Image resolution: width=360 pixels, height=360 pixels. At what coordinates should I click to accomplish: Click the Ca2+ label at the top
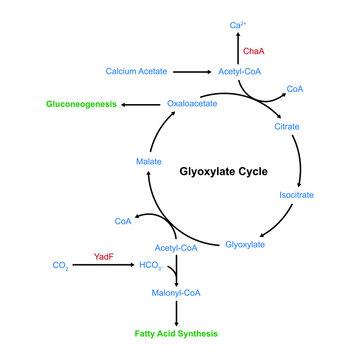pos(237,23)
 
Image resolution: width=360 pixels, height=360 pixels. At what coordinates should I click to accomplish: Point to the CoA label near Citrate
pos(294,88)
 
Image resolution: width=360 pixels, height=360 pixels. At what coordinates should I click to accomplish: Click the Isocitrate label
pos(295,195)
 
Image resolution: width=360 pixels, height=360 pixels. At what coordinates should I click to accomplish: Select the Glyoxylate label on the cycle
pos(244,244)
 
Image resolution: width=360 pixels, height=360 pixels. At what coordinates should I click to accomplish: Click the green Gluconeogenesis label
pos(81,103)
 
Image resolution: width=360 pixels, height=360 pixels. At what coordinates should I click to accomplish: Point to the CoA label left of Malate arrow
pos(123,221)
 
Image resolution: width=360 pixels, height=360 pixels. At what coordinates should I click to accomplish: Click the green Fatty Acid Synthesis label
pos(176,333)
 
